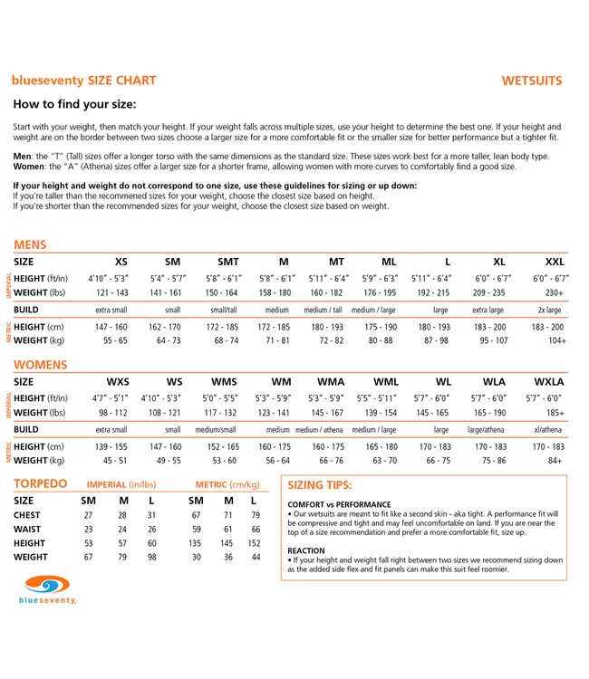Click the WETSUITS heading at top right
point(532,81)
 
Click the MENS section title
point(30,244)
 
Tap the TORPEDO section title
point(40,484)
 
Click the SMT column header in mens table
point(227,262)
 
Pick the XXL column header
point(555,262)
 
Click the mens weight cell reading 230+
point(555,292)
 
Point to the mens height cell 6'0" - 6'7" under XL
point(492,279)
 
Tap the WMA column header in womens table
point(331,382)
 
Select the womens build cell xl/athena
point(548,430)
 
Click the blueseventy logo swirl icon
point(47,584)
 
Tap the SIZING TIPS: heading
point(319,485)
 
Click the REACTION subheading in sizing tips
point(306,550)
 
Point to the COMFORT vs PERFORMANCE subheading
point(339,504)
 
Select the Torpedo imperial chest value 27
point(88,515)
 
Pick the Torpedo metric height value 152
point(254,543)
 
